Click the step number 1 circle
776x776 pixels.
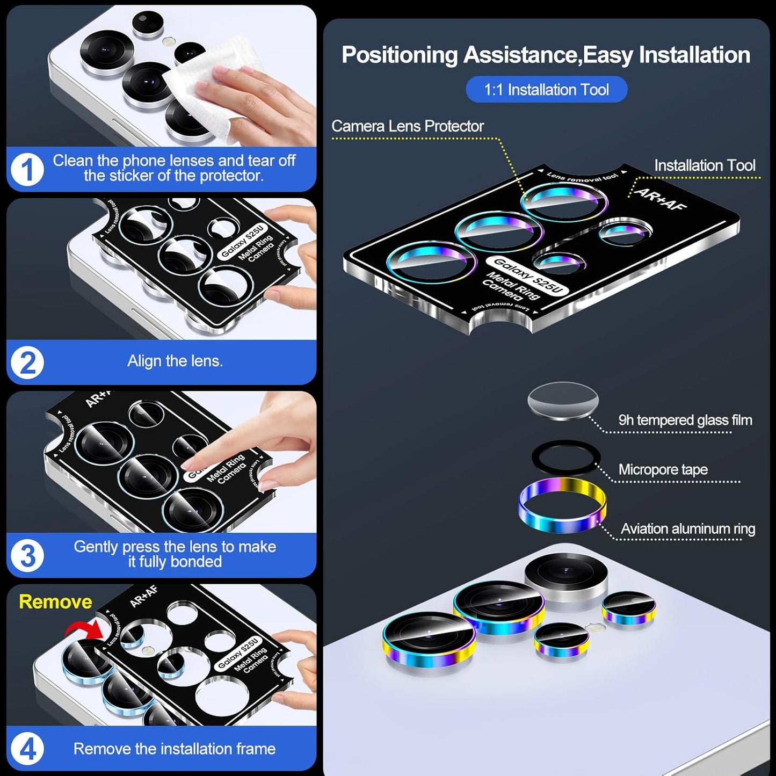[27, 169]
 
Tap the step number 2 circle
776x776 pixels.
[27, 362]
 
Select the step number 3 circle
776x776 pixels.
[27, 555]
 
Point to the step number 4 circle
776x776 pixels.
[27, 749]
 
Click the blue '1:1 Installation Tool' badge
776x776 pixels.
[546, 89]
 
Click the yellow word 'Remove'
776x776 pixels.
[55, 601]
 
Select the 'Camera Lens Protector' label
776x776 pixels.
[407, 126]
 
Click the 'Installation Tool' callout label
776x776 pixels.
[704, 165]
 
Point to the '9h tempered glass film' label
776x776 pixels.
[685, 420]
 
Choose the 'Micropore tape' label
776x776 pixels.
[663, 469]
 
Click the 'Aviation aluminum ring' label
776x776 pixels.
[687, 529]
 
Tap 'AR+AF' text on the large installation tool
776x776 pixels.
[660, 199]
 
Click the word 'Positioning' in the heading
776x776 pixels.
[400, 55]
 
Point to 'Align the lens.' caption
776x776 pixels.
[175, 361]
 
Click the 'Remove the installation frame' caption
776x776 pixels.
[175, 749]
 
